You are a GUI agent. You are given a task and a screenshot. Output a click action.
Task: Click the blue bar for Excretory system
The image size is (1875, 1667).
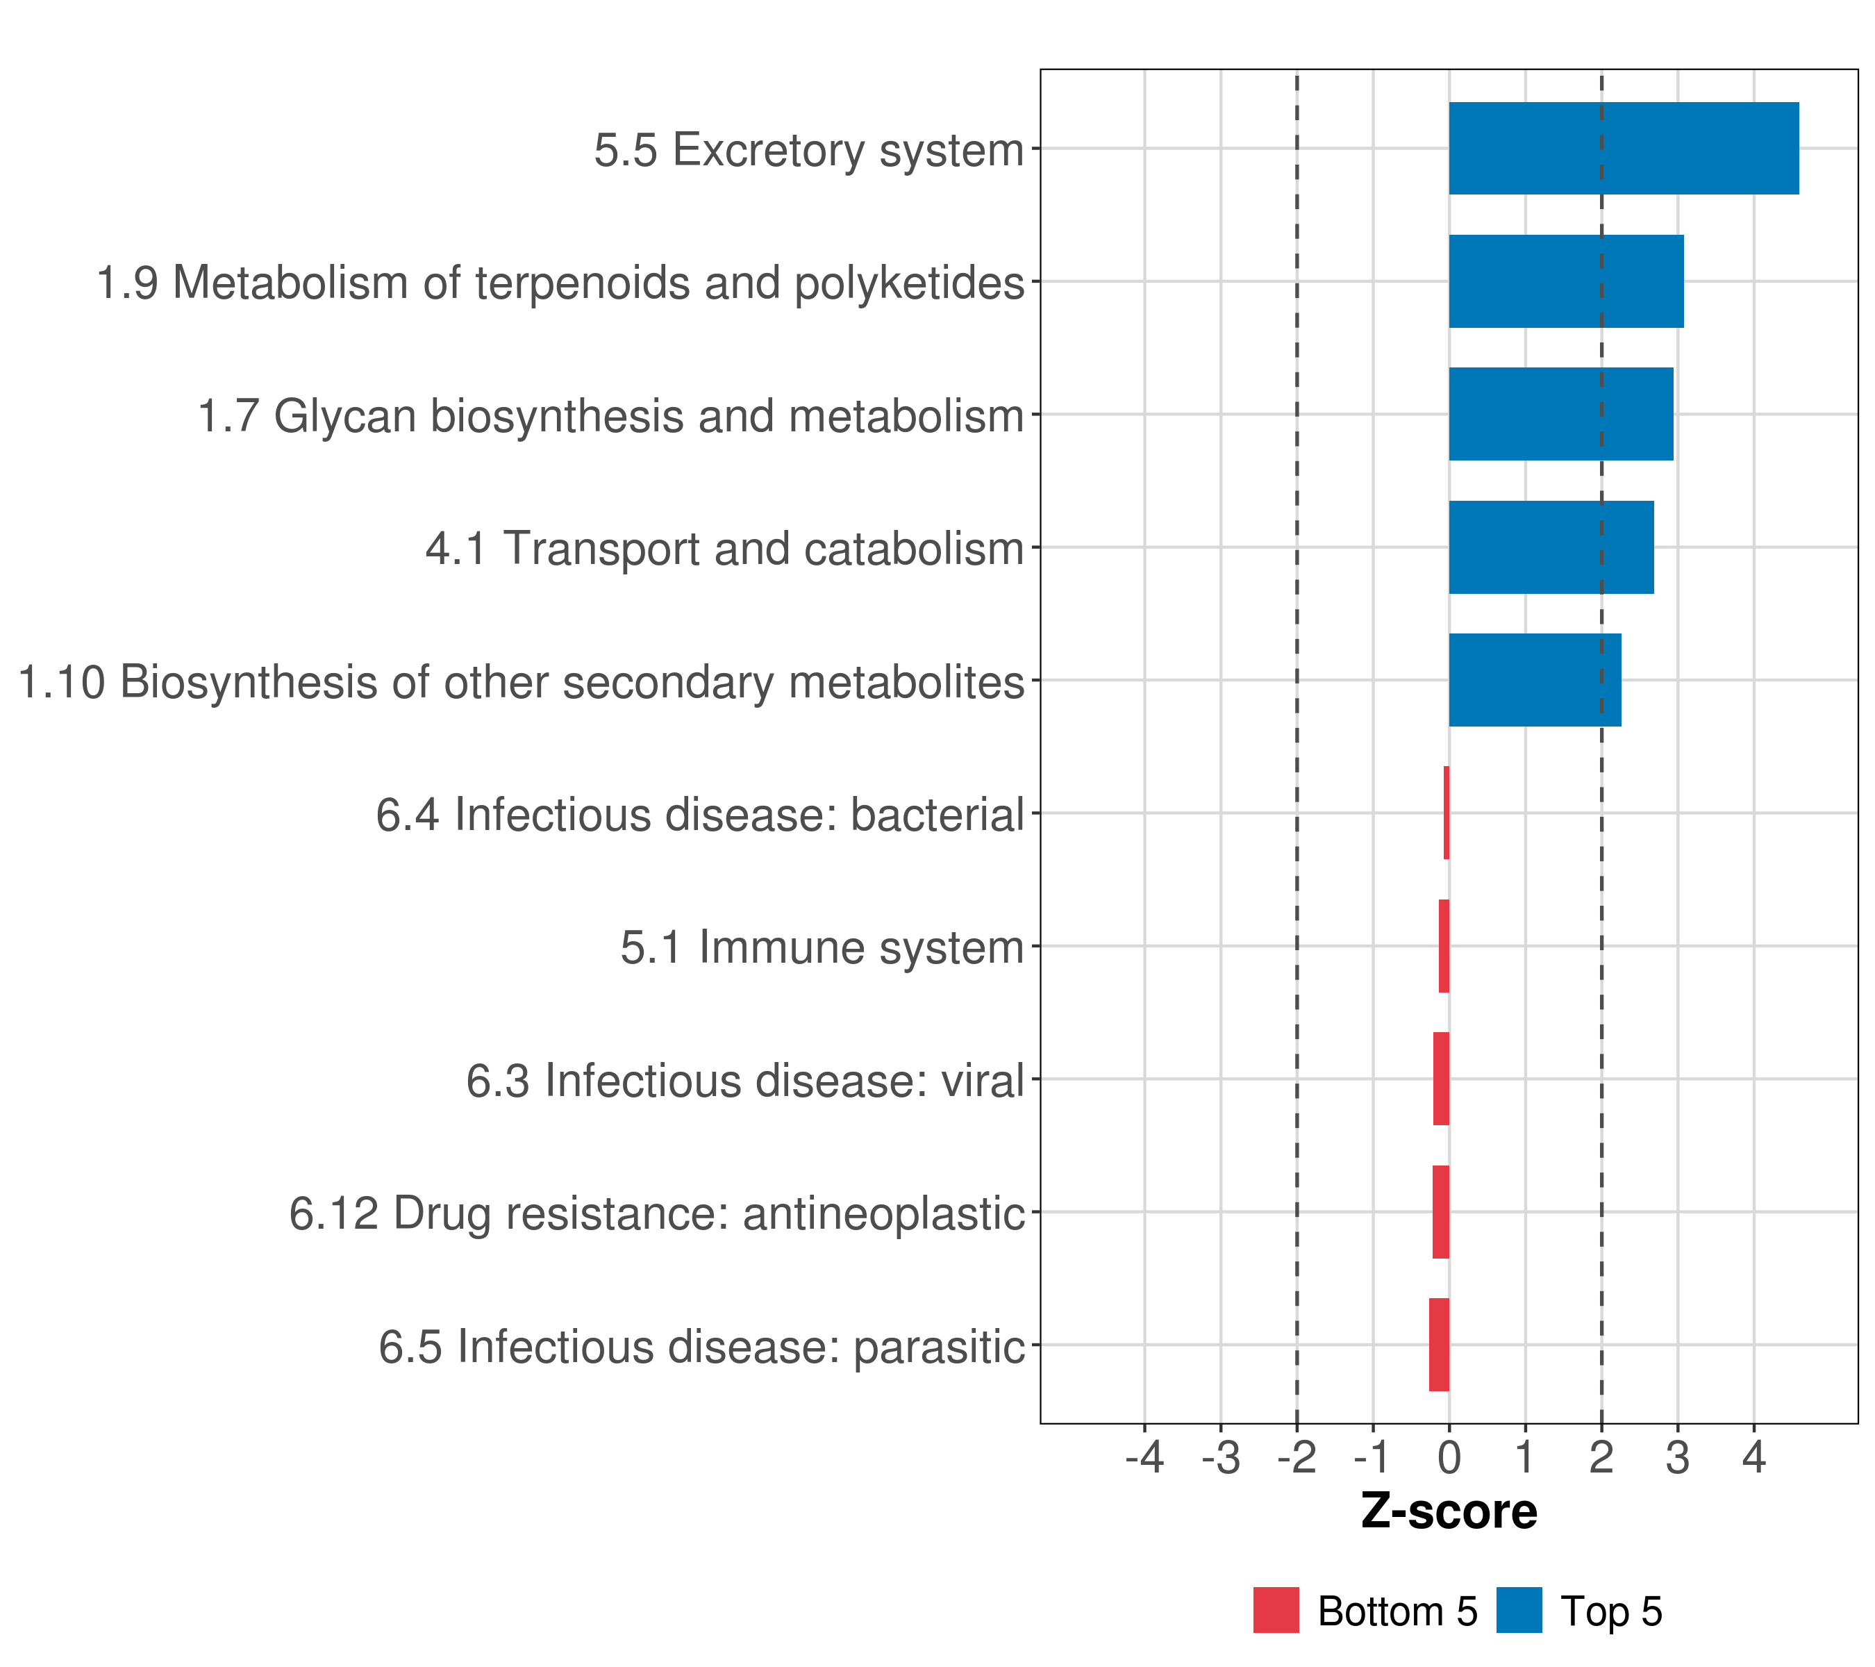pyautogui.click(x=1623, y=149)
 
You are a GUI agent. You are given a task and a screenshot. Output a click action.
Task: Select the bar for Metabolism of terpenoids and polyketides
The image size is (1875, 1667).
pyautogui.click(x=1565, y=282)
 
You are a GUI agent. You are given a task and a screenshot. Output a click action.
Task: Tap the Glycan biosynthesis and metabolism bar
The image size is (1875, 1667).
pyautogui.click(x=1560, y=414)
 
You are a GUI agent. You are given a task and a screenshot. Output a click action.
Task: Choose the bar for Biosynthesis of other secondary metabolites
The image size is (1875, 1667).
pyautogui.click(x=1534, y=680)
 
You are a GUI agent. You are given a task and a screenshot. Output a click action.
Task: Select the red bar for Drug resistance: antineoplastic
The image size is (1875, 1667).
pyautogui.click(x=1440, y=1211)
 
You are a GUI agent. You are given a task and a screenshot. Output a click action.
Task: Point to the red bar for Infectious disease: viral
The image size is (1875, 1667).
pyautogui.click(x=1440, y=1078)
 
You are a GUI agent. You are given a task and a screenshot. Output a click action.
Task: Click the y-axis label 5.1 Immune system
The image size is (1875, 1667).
pyautogui.click(x=821, y=947)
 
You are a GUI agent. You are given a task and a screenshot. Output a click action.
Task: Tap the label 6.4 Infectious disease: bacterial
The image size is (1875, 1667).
pyautogui.click(x=699, y=815)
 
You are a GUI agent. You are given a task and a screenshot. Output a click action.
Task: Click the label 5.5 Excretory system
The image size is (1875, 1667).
pyautogui.click(x=808, y=149)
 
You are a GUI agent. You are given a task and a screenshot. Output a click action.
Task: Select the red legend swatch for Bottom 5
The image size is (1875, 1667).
pyautogui.click(x=1276, y=1610)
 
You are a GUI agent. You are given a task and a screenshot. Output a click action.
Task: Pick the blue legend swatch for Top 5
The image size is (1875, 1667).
pyautogui.click(x=1518, y=1610)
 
